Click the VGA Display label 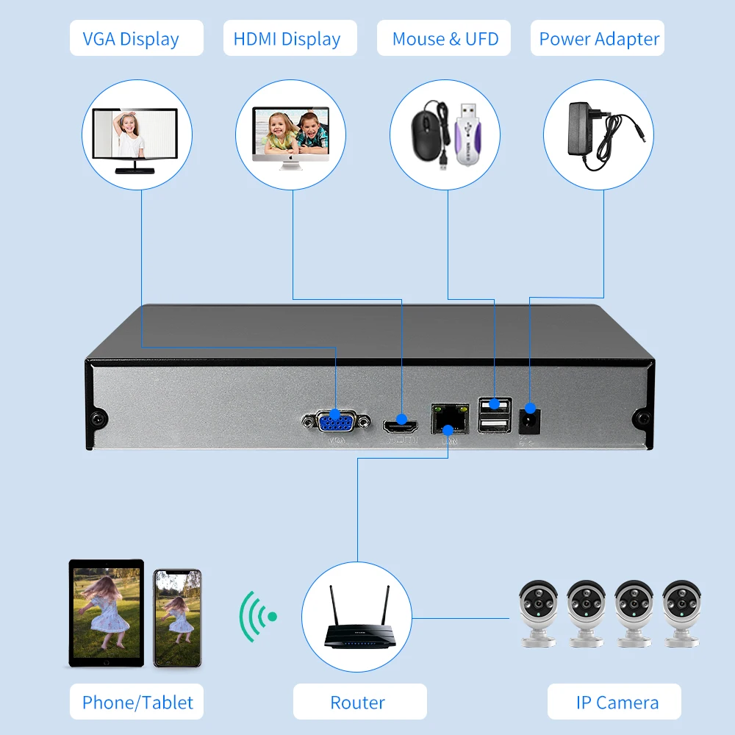(x=136, y=38)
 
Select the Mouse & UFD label (x=445, y=38)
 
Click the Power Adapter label (x=599, y=38)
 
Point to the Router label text (x=358, y=702)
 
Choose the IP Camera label (x=617, y=702)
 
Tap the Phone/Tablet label (x=137, y=702)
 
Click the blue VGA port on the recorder (x=336, y=422)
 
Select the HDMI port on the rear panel (x=401, y=423)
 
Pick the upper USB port (x=495, y=404)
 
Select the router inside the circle (x=358, y=625)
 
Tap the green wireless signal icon (x=257, y=616)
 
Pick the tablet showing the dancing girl (x=106, y=613)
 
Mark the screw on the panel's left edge (x=97, y=419)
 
